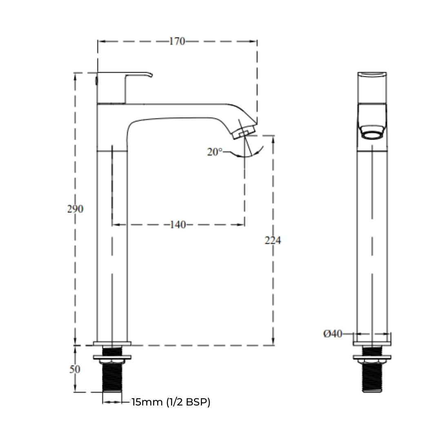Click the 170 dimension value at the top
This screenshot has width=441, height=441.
pyautogui.click(x=177, y=41)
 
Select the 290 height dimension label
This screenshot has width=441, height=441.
pyautogui.click(x=76, y=209)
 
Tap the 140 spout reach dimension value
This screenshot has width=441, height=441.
pyautogui.click(x=178, y=225)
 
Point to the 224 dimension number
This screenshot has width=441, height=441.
pyautogui.click(x=273, y=241)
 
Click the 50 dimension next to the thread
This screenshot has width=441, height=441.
pyautogui.click(x=75, y=369)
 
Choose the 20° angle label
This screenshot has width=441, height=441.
pyautogui.click(x=215, y=152)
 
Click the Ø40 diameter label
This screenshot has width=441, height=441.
pyautogui.click(x=333, y=334)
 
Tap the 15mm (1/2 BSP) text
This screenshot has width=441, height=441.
pyautogui.click(x=171, y=402)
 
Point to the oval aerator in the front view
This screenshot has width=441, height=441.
pyautogui.click(x=372, y=132)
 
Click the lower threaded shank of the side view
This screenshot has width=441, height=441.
pyautogui.click(x=112, y=377)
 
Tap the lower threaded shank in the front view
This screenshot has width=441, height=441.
pyautogui.click(x=372, y=377)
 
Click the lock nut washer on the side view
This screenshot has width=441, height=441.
pyautogui.click(x=112, y=357)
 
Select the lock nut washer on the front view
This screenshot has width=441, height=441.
pyautogui.click(x=372, y=357)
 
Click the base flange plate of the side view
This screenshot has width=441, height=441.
pyautogui.click(x=112, y=343)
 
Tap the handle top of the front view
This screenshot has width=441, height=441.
pyautogui.click(x=372, y=74)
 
